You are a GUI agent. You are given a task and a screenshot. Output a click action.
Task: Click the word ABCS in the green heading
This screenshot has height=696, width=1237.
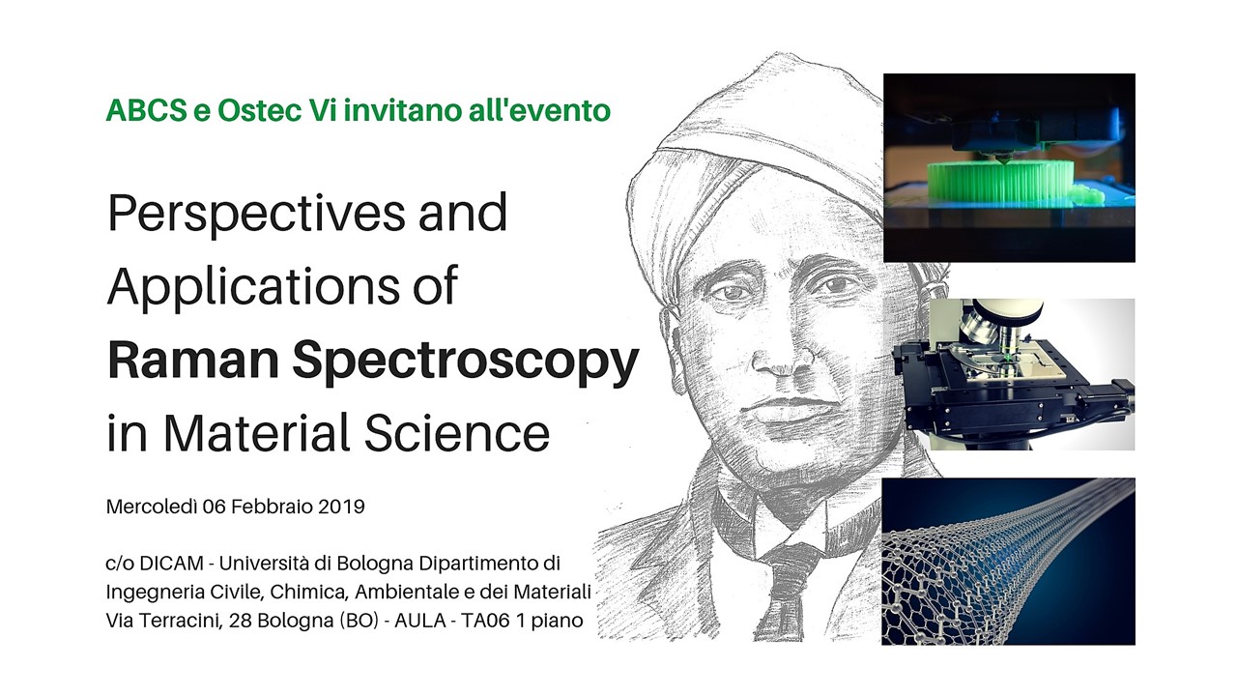(x=146, y=110)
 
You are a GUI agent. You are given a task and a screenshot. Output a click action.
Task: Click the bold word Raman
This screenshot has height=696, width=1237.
(x=193, y=360)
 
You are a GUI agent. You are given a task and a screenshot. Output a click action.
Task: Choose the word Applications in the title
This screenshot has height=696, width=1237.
(x=253, y=287)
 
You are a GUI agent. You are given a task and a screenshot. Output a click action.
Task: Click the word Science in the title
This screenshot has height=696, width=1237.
(x=456, y=432)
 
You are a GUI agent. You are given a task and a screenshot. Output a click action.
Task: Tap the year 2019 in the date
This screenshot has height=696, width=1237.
(x=341, y=507)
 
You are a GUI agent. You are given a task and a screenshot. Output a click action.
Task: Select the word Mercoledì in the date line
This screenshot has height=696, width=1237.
(x=152, y=507)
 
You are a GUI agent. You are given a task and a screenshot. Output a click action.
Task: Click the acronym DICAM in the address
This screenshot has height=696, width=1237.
(x=172, y=564)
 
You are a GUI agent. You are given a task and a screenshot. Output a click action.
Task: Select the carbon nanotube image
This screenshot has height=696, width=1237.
(x=1008, y=562)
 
